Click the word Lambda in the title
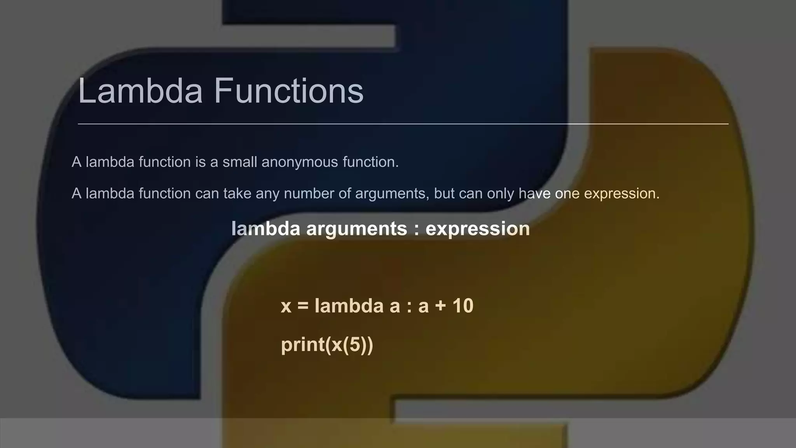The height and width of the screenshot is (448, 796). (x=140, y=91)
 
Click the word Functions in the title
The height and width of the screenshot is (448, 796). (x=288, y=91)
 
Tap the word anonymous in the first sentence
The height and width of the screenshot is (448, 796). (x=300, y=162)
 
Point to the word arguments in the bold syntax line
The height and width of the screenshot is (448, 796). (x=356, y=229)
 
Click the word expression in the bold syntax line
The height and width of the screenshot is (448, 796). (x=478, y=229)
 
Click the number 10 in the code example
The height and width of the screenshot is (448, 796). (x=463, y=306)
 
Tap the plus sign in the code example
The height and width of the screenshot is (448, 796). (x=440, y=306)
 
